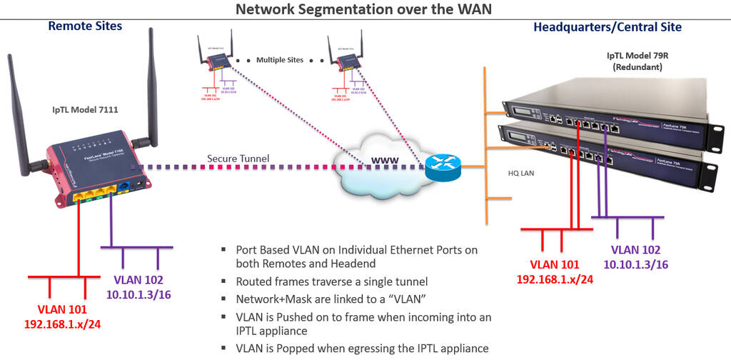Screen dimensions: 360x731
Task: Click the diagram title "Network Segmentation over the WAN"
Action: pyautogui.click(x=365, y=9)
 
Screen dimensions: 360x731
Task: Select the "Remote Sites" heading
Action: pyautogui.click(x=85, y=26)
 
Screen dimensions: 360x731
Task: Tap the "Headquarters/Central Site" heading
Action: pyautogui.click(x=607, y=27)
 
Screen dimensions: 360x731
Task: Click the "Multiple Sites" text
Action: pyautogui.click(x=280, y=60)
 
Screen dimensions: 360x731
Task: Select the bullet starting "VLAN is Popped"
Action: pyautogui.click(x=363, y=349)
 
